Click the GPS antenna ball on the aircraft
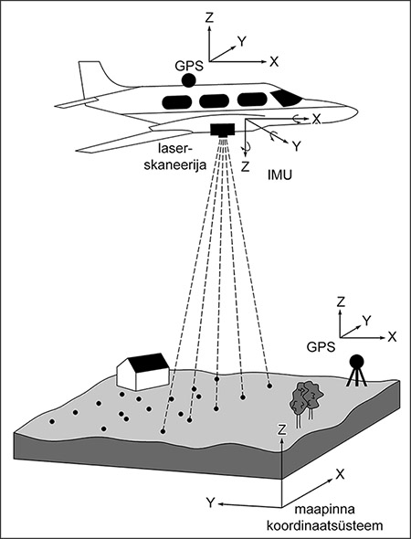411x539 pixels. (x=189, y=80)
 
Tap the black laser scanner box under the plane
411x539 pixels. (x=223, y=130)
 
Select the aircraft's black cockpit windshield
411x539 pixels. (x=286, y=98)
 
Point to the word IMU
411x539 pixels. (x=279, y=175)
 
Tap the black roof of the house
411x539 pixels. (x=149, y=363)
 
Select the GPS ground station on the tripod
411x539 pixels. (x=356, y=371)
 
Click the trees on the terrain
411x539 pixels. (x=307, y=402)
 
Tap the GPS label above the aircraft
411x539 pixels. (x=189, y=66)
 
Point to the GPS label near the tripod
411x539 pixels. (x=321, y=347)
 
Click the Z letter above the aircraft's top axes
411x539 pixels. (x=209, y=18)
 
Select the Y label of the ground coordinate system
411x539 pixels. (x=210, y=502)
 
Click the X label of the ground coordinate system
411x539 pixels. (x=340, y=474)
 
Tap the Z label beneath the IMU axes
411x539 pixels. (x=245, y=166)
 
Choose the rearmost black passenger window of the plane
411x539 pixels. (x=177, y=102)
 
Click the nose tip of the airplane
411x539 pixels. (x=358, y=111)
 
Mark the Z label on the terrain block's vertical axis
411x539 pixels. (x=282, y=430)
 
